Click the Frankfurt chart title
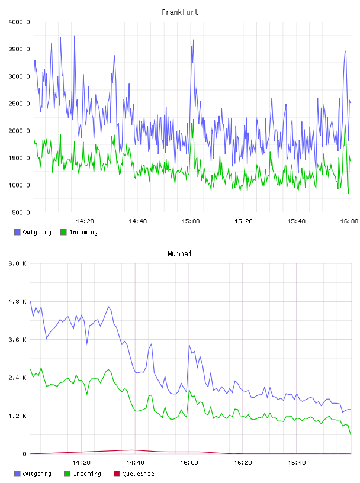pos(180,12)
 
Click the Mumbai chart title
pos(179,253)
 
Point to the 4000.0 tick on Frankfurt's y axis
pos(19,22)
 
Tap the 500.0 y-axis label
pos(21,212)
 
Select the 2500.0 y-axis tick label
pos(19,104)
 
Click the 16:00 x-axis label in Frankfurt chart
pos(349,221)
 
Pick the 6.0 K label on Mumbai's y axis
pos(18,263)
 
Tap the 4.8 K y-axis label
pos(18,301)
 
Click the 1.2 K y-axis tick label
pos(18,416)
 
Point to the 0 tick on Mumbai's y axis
pos(24,454)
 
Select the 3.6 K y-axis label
pos(18,339)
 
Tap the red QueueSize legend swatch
pos(117,474)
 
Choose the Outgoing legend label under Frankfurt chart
pos(37,232)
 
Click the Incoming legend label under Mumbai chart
pos(87,474)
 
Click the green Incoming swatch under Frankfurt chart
pos(63,232)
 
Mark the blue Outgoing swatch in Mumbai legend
pos(17,474)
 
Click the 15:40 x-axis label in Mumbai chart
pos(297,463)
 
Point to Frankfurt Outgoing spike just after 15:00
pos(193,40)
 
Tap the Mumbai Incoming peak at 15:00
pos(189,389)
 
